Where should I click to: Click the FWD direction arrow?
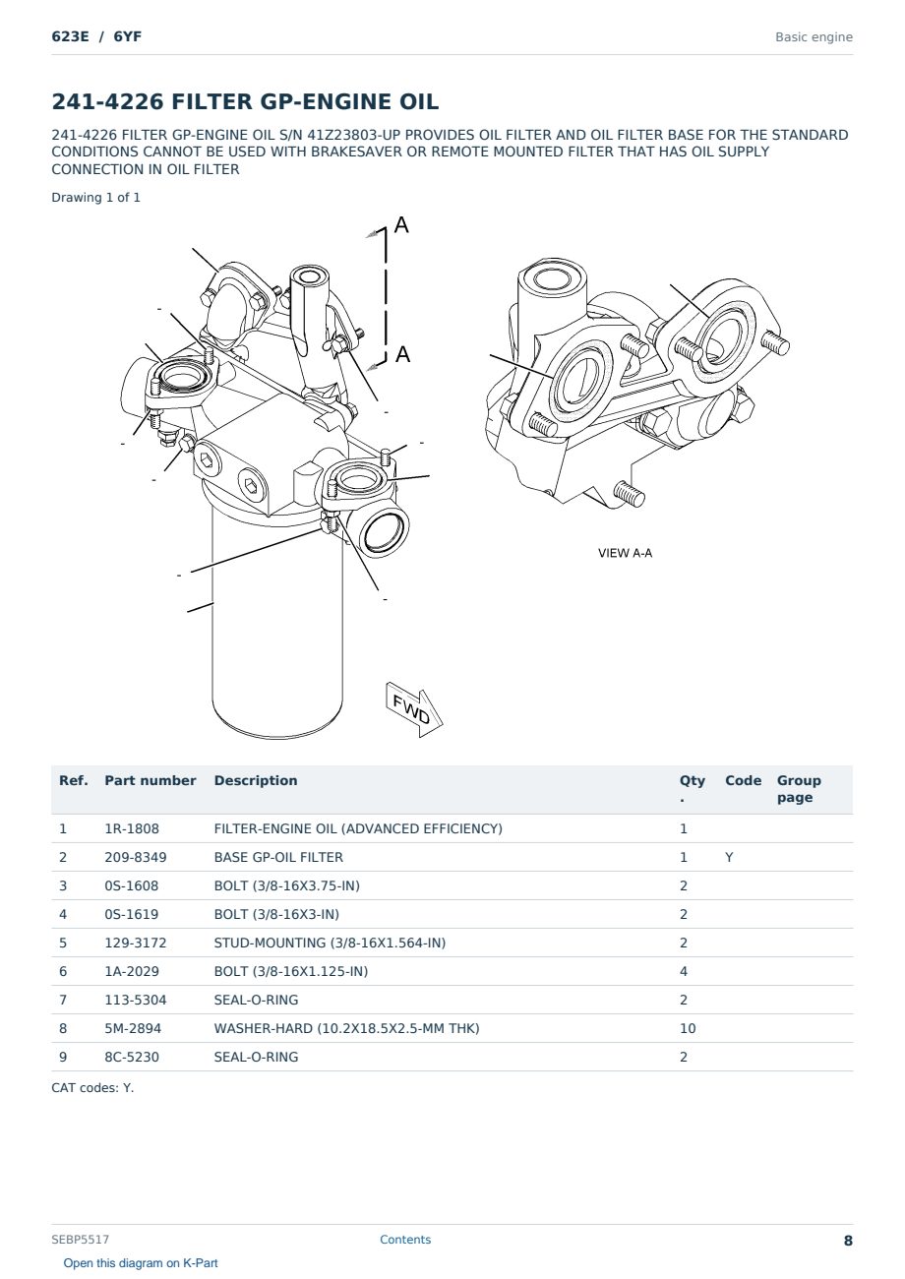[x=414, y=709]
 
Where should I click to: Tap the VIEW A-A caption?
[x=625, y=553]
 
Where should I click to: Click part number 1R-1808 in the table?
[x=132, y=828]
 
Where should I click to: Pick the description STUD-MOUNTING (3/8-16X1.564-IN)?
[x=330, y=943]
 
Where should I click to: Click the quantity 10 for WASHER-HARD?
[x=688, y=1028]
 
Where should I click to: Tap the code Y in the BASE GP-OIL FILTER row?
[x=729, y=857]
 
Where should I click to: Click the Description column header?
[x=256, y=780]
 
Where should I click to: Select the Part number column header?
[x=151, y=780]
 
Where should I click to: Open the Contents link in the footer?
[x=405, y=1240]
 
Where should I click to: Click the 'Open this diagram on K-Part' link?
[x=141, y=1263]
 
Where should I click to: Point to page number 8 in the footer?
[x=848, y=1241]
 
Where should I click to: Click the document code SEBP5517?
[x=80, y=1240]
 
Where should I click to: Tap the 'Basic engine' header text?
[x=814, y=37]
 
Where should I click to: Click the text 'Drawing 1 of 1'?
[x=95, y=198]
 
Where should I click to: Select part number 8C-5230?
[x=132, y=1057]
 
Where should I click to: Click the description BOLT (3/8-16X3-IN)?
[x=276, y=914]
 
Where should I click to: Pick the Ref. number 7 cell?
[x=63, y=1000]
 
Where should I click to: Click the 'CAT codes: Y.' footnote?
[x=92, y=1088]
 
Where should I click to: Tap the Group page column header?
[x=799, y=788]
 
